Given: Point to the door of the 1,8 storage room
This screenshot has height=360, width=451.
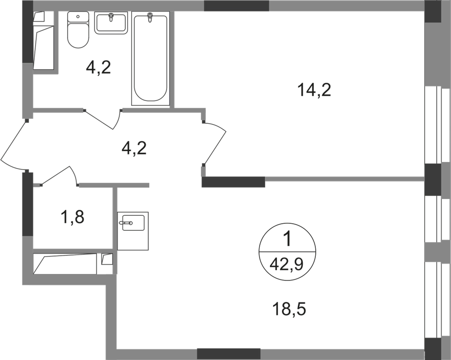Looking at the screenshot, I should (59, 175).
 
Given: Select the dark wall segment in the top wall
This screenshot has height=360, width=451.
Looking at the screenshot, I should (236, 5).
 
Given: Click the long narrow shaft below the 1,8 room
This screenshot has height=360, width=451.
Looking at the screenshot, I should (68, 264).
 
